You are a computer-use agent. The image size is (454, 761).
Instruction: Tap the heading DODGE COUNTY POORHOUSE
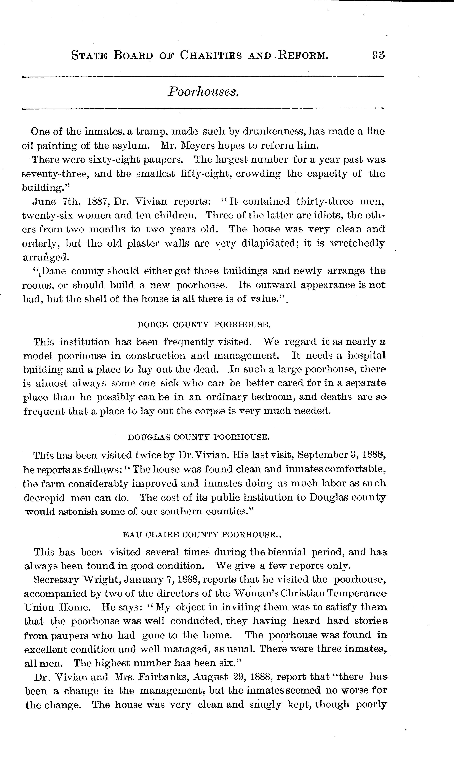204,324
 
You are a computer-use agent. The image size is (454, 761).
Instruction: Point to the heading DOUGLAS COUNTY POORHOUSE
199,437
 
